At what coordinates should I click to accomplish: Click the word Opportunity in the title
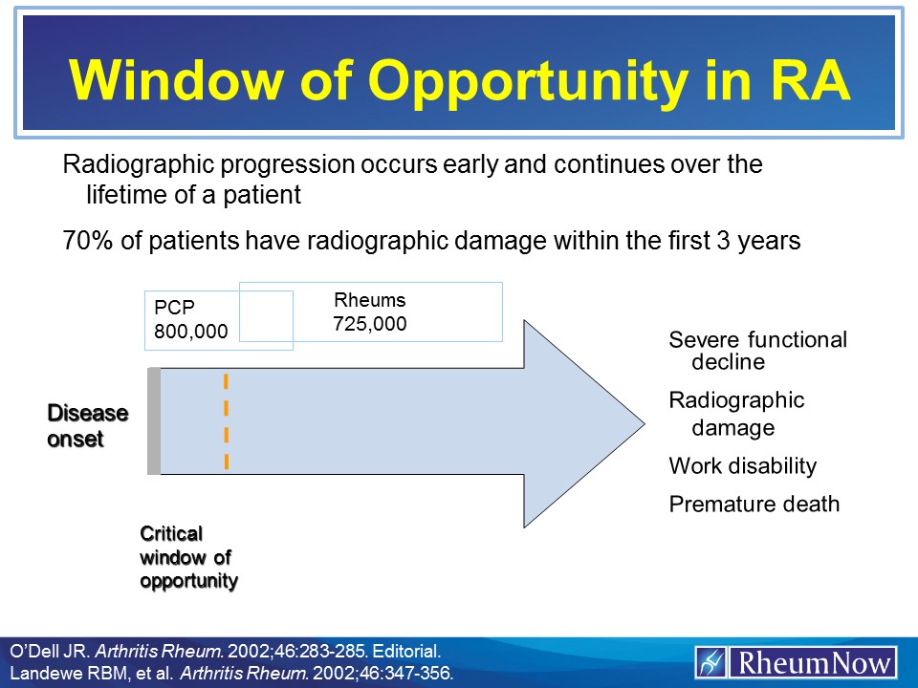tap(528, 81)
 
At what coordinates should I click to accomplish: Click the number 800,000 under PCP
tap(191, 332)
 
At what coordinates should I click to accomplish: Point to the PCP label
tap(174, 307)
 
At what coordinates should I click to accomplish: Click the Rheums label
tap(369, 299)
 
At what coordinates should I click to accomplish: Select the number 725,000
tap(369, 324)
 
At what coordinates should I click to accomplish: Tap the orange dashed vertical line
tap(226, 421)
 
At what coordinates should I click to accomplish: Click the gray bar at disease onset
tap(154, 420)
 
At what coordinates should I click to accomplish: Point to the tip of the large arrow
tap(645, 423)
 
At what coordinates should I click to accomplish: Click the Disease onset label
tap(87, 426)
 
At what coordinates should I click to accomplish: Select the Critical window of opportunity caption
tap(188, 557)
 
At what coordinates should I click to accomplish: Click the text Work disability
tap(742, 465)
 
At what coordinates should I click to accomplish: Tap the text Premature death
tap(754, 504)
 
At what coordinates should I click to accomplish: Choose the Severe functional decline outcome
tap(757, 350)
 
